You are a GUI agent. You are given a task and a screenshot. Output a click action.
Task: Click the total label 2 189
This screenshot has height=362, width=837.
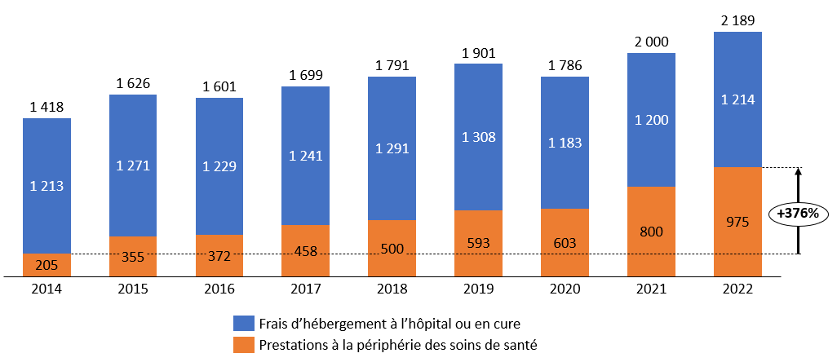point(737,19)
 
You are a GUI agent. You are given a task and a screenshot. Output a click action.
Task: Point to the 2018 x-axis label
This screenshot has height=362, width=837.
point(392,289)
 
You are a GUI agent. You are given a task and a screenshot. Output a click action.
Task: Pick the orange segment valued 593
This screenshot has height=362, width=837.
point(478,243)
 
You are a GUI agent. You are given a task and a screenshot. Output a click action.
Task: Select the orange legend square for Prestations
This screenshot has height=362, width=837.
point(242,345)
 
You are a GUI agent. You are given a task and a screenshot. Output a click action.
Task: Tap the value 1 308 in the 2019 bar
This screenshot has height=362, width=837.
point(478,137)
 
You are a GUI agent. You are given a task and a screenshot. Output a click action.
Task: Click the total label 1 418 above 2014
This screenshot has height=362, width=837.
point(46,106)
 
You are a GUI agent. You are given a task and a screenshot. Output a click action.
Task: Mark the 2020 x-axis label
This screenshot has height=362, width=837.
point(565,289)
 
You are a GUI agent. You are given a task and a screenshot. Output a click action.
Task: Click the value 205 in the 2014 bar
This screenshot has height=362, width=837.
point(46,265)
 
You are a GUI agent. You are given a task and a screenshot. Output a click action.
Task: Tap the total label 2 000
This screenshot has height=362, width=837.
point(651,41)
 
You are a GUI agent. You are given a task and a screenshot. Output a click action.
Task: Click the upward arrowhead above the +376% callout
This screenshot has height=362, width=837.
point(799,171)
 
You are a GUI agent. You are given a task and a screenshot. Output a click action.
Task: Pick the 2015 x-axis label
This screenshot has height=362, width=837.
point(133,289)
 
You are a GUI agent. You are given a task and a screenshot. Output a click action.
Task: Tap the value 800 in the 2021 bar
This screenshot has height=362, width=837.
point(651,232)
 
